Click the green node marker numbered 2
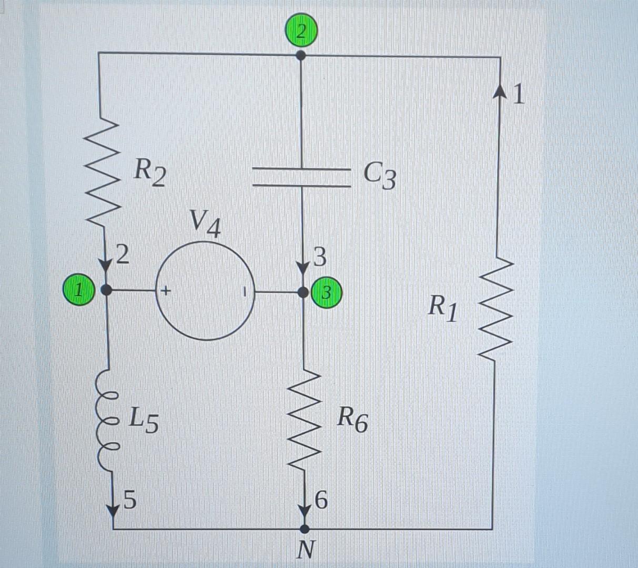(301, 32)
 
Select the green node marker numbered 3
(327, 292)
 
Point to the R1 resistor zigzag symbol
(494, 310)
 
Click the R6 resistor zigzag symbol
(304, 421)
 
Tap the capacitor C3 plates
(301, 178)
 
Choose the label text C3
(379, 175)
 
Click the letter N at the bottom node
(306, 550)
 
